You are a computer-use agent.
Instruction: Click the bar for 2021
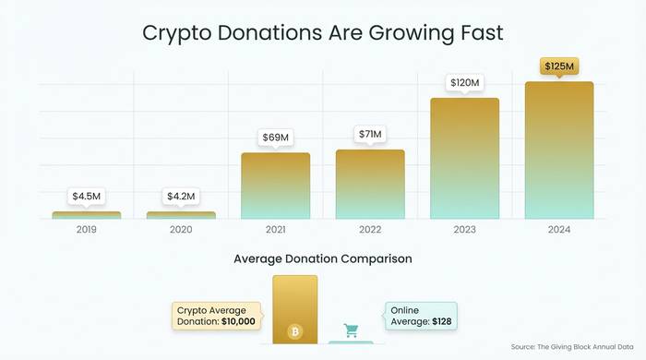point(275,186)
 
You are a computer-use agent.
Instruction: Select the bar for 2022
point(369,184)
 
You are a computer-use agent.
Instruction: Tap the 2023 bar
point(464,158)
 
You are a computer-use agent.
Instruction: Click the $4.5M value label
point(87,197)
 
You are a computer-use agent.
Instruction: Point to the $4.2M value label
point(181,197)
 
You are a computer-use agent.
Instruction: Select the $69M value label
point(275,138)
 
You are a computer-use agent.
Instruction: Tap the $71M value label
point(369,135)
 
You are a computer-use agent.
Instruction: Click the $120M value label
point(464,83)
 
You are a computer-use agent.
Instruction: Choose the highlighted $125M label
point(559,66)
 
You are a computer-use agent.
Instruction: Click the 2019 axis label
point(87,229)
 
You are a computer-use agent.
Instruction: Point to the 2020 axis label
point(181,229)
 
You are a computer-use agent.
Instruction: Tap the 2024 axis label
point(559,229)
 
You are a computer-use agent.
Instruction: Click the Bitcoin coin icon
point(294,330)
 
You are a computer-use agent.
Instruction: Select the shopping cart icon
point(351,330)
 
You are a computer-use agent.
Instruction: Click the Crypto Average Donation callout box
point(217,316)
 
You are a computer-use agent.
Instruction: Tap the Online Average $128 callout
point(420,316)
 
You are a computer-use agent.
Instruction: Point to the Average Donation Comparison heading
point(323,259)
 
